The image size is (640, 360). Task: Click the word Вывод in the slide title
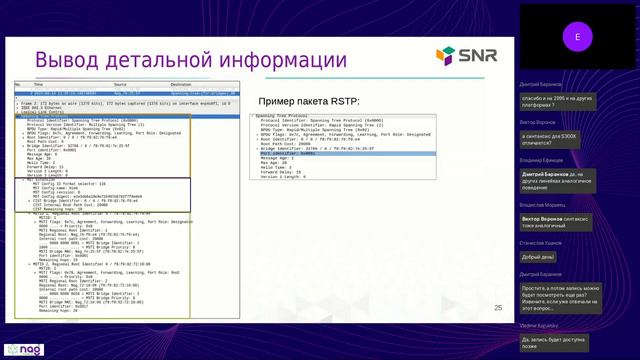(68, 62)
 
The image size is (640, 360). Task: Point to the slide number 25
(498, 308)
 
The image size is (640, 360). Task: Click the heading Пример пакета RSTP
(308, 101)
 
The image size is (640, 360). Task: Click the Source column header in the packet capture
(120, 85)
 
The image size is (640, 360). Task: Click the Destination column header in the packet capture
(181, 85)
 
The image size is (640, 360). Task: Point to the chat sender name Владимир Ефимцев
(541, 160)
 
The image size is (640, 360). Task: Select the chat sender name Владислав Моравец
(543, 204)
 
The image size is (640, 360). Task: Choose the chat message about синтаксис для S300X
(558, 139)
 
